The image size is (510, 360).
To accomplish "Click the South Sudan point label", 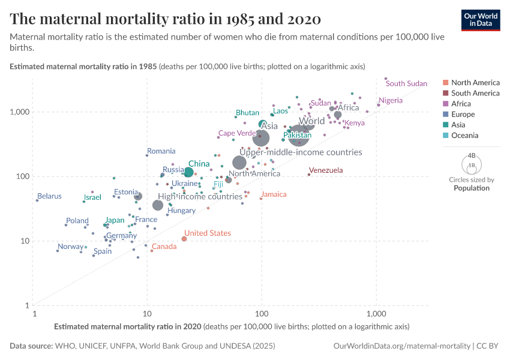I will point(406,83).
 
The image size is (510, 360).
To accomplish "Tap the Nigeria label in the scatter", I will point(391,100).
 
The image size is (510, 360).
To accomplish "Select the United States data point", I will point(184,239).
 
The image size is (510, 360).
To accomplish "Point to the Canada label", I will point(164,247).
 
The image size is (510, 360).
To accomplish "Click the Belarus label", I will point(49,196).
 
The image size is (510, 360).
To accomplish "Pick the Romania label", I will point(161,151).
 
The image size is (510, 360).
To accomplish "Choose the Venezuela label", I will point(325,170).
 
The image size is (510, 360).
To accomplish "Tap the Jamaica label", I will point(274,194).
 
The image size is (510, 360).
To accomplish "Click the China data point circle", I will point(188,172).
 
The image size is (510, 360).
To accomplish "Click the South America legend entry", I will point(475,93).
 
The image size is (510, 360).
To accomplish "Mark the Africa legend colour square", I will point(445,104).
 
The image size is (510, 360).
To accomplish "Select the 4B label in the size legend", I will point(472,155).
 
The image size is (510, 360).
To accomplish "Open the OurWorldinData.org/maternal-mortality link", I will point(402,346).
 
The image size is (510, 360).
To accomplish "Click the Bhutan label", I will point(247,113).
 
